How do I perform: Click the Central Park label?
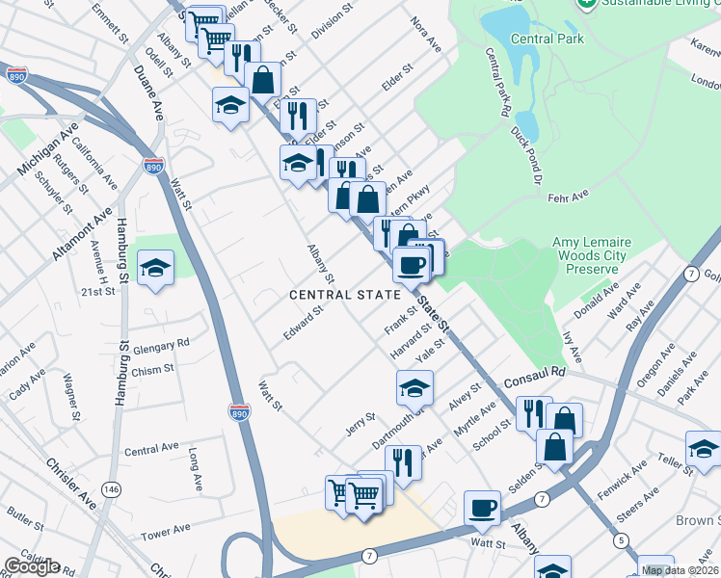547,39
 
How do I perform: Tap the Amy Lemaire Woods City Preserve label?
589,255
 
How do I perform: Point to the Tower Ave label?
166,532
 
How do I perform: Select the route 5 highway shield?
621,540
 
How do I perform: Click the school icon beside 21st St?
154,270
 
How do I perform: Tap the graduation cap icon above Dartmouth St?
414,387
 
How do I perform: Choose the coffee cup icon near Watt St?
482,508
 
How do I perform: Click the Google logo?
32,565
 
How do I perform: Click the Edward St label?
302,323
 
